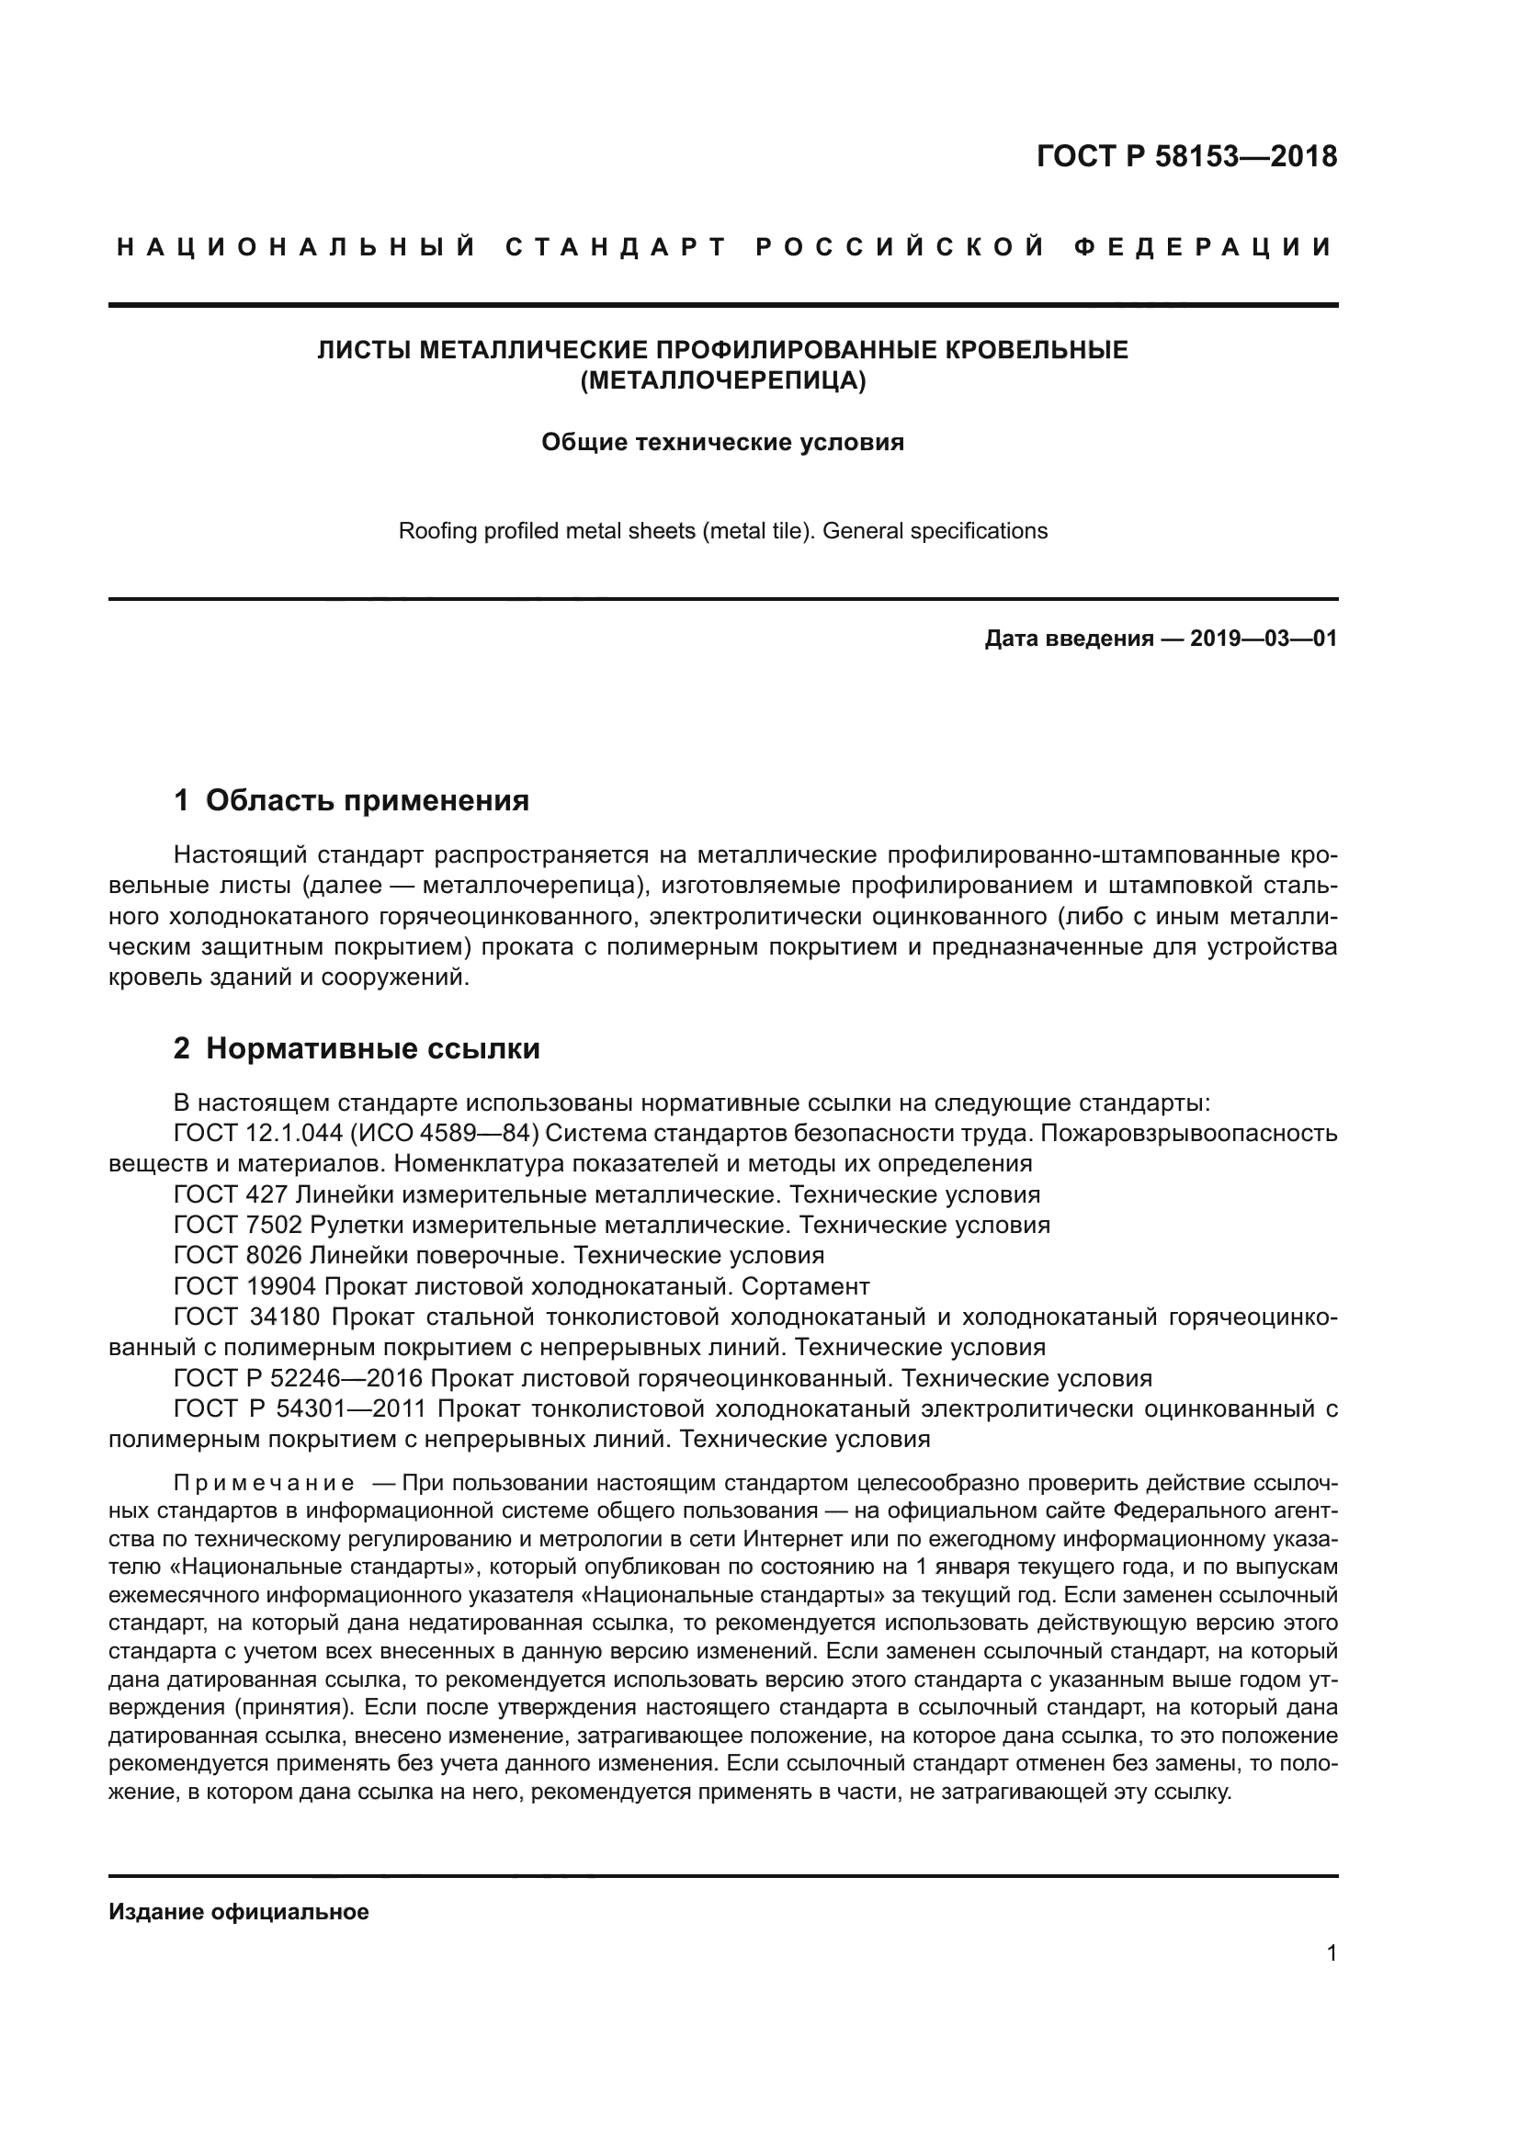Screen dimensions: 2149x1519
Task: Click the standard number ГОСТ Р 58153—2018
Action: click(x=1185, y=155)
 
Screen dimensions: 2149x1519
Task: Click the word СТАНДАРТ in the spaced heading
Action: click(x=616, y=247)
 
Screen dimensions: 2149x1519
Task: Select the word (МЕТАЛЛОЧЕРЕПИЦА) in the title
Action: click(x=722, y=381)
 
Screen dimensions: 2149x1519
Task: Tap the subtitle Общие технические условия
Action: click(x=722, y=442)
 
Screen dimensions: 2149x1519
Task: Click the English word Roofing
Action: click(x=433, y=531)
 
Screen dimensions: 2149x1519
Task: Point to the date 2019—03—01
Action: click(x=1264, y=639)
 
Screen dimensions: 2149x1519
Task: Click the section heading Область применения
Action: click(x=367, y=800)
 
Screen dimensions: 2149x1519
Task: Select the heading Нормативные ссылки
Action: click(x=372, y=1048)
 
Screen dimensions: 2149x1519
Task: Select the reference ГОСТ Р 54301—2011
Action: click(x=300, y=1408)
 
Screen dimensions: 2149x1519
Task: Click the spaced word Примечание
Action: click(x=264, y=1484)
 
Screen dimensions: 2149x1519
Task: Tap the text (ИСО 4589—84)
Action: click(x=446, y=1134)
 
